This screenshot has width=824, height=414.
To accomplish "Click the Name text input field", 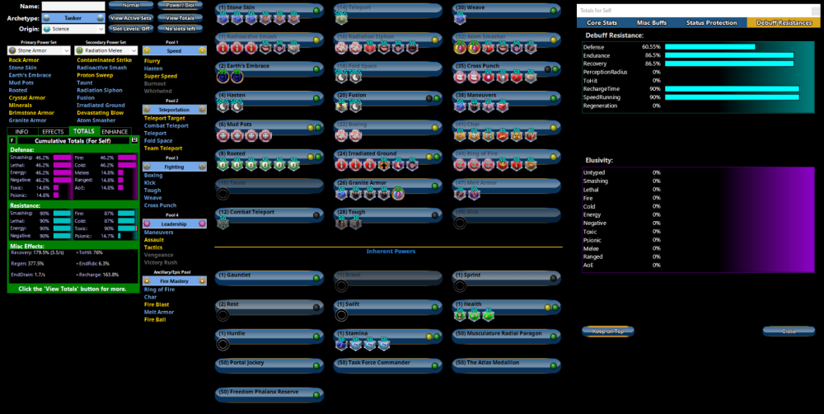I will (73, 6).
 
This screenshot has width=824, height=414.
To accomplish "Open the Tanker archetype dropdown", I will (73, 17).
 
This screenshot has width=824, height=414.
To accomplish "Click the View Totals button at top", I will (179, 17).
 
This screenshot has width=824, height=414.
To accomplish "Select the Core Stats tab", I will (602, 22).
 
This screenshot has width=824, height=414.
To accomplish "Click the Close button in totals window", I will (788, 332).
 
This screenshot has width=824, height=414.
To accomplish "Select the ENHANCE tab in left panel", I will (115, 131).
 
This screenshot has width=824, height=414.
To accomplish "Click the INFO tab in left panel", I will (22, 131).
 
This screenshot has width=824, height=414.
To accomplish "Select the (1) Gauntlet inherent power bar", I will (269, 276).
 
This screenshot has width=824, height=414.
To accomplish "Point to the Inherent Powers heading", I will (391, 251).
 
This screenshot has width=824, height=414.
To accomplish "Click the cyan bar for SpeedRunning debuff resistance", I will (732, 97).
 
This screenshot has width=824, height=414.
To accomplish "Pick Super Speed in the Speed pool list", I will (161, 76).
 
